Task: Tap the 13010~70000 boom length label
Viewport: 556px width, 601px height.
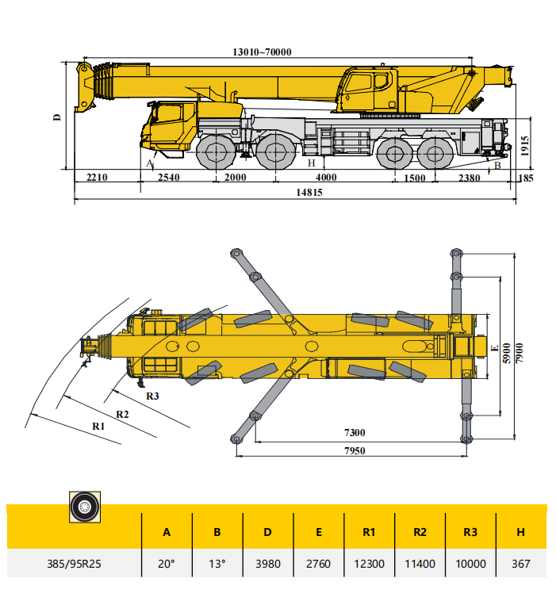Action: [x=263, y=52]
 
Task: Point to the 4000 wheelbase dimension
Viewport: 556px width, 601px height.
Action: [x=326, y=178]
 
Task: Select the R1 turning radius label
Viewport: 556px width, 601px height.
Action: [x=98, y=426]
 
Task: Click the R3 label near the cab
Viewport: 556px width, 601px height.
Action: [x=152, y=396]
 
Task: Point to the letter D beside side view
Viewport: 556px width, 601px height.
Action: [x=57, y=117]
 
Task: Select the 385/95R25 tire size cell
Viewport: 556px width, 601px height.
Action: [x=74, y=564]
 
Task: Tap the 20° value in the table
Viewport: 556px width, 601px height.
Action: [x=167, y=564]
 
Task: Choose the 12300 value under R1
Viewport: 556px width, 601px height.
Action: [x=369, y=564]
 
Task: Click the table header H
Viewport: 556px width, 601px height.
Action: [x=520, y=532]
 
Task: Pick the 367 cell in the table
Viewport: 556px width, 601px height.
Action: [x=520, y=564]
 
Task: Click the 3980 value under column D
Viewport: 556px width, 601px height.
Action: [x=267, y=564]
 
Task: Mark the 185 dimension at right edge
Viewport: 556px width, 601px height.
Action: [x=524, y=178]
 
